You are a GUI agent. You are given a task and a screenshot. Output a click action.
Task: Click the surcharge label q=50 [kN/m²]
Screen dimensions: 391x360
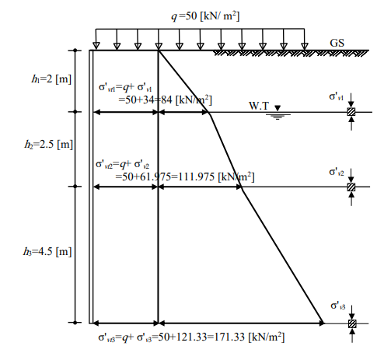(x=205, y=16)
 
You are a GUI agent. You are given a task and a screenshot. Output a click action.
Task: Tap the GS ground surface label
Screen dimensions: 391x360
(x=337, y=43)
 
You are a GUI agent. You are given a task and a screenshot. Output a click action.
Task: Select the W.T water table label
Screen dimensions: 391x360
(x=259, y=106)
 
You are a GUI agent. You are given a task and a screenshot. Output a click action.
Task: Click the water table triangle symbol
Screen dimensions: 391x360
(x=278, y=108)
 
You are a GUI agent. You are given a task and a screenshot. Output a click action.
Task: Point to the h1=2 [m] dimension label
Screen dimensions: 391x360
(x=51, y=79)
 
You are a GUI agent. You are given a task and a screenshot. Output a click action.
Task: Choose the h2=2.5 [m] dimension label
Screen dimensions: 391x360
(x=49, y=145)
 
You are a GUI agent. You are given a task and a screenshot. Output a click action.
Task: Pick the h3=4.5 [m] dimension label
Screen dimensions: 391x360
(x=47, y=251)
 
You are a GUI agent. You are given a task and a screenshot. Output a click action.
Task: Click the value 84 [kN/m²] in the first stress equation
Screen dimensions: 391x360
(x=186, y=100)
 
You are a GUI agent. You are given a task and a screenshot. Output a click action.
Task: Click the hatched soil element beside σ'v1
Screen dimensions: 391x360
(x=351, y=112)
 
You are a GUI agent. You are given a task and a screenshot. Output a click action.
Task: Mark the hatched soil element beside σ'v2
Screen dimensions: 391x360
(x=351, y=187)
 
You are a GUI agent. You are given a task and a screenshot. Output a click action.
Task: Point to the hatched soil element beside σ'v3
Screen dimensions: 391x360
(x=352, y=323)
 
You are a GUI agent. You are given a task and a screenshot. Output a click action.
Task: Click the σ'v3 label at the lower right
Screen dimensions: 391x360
(x=338, y=306)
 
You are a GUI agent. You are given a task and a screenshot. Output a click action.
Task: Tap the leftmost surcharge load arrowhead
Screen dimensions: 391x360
(x=96, y=46)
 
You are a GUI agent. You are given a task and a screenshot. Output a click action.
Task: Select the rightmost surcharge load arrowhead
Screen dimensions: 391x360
(x=305, y=46)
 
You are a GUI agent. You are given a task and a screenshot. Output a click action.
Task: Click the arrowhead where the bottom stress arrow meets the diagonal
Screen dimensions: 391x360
(x=321, y=323)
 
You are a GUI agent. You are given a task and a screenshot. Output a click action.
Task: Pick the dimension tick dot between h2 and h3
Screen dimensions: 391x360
(x=75, y=187)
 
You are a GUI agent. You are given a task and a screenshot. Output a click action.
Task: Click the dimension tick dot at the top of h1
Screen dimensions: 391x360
(x=75, y=51)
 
